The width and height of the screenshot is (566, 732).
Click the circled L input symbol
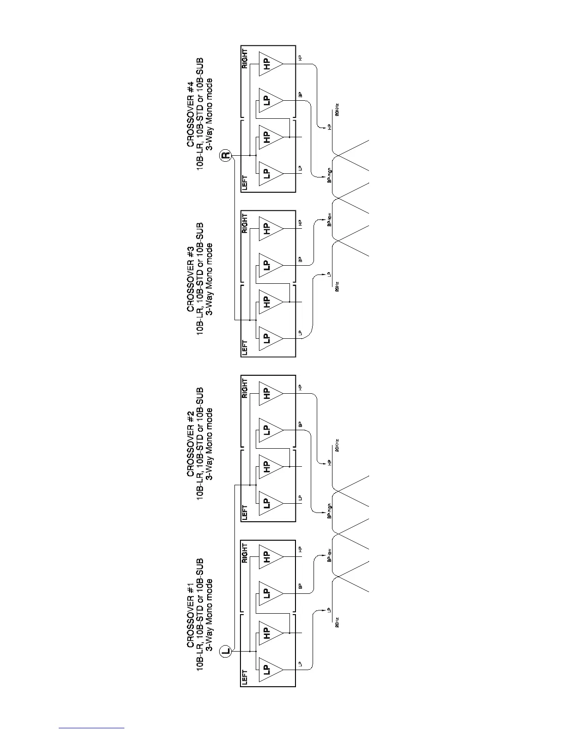click(x=226, y=651)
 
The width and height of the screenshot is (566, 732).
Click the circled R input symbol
click(x=226, y=155)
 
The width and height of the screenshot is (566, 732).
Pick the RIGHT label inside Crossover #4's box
click(x=245, y=59)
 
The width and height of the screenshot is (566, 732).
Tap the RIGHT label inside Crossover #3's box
click(x=245, y=224)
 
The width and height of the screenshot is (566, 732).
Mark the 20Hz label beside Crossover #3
click(x=338, y=287)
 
